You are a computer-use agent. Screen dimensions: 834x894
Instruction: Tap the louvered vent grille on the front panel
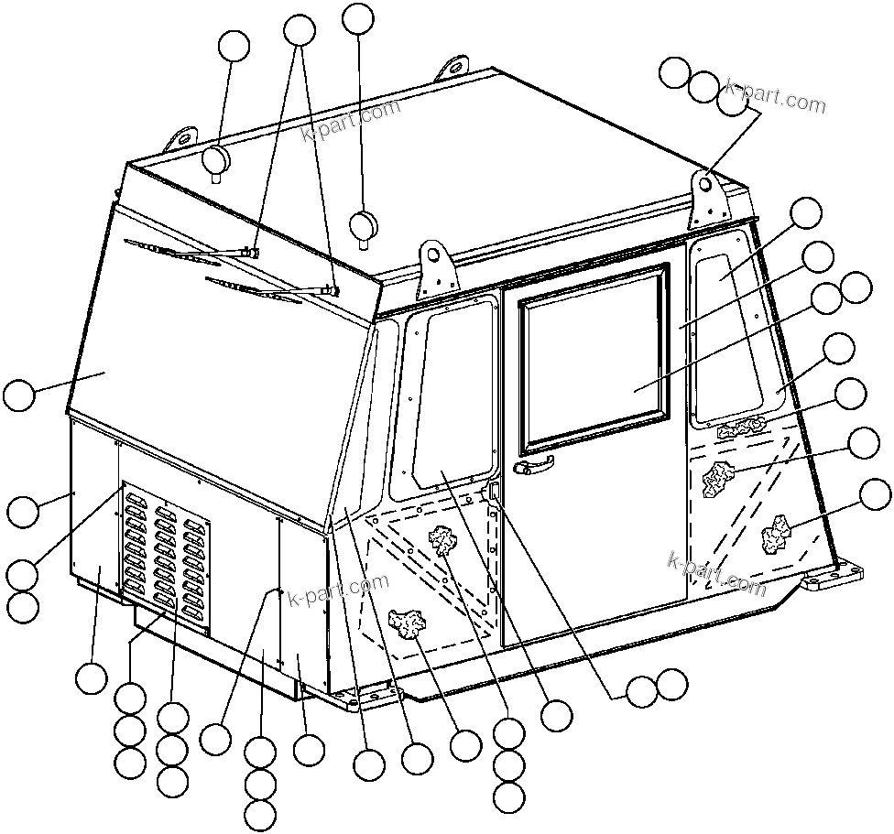[166, 558]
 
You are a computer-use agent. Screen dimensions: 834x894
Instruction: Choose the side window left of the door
[443, 394]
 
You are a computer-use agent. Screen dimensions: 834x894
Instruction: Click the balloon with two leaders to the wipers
[300, 30]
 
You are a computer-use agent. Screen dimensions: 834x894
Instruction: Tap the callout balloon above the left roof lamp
[234, 46]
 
